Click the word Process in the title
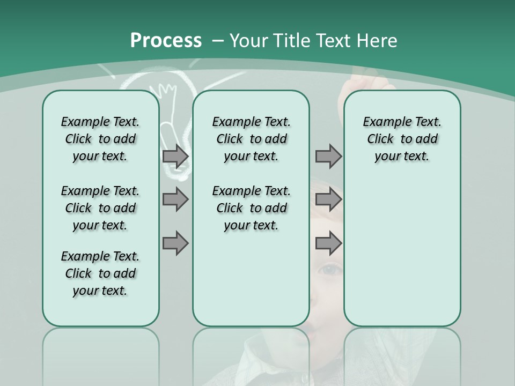(x=166, y=40)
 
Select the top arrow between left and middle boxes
(x=175, y=157)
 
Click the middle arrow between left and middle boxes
(x=175, y=199)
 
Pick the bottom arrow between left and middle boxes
(x=175, y=244)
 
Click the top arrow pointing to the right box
(x=328, y=157)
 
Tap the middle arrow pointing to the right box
(x=328, y=199)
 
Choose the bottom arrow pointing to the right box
(x=328, y=244)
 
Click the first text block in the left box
(x=100, y=139)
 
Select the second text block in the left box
(x=100, y=208)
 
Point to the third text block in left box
(x=100, y=273)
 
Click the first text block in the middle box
(x=251, y=139)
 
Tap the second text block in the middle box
(x=251, y=208)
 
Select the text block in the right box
(x=402, y=139)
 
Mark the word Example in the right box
(x=382, y=122)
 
